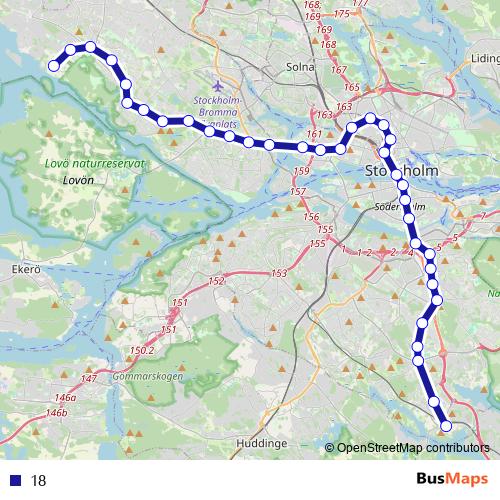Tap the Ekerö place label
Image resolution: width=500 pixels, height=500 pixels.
click(x=24, y=270)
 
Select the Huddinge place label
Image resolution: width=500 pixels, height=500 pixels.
click(x=263, y=442)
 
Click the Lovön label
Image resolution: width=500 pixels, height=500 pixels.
click(x=76, y=181)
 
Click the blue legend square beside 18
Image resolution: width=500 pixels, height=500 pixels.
click(x=15, y=479)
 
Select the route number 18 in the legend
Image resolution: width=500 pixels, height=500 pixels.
click(x=39, y=480)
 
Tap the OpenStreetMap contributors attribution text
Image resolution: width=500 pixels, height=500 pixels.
click(x=412, y=449)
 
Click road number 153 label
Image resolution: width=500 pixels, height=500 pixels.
click(x=278, y=273)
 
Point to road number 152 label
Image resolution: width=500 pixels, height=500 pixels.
click(x=217, y=283)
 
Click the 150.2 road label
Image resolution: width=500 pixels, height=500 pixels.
click(x=142, y=349)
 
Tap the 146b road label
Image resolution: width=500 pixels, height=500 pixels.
click(x=56, y=412)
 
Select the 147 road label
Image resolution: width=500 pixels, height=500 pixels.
click(x=89, y=378)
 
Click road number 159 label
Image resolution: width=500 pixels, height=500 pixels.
click(x=302, y=171)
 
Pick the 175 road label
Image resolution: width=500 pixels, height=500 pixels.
click(x=343, y=13)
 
